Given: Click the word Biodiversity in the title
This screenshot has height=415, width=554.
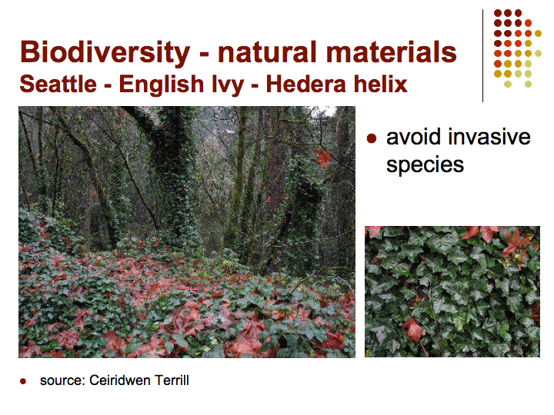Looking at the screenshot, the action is (x=105, y=53).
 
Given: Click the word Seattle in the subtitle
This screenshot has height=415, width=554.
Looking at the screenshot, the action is (x=58, y=84).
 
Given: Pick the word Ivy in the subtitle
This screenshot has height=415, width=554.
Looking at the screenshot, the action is (x=228, y=85).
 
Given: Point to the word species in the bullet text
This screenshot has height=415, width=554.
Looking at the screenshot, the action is (x=425, y=165).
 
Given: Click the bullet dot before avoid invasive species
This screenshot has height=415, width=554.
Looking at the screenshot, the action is (x=372, y=138).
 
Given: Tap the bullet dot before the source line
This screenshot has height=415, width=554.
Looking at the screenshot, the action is (x=23, y=381).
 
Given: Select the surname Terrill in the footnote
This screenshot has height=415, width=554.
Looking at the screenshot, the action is (x=172, y=380).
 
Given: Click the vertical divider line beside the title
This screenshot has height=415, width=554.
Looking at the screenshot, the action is (x=482, y=56).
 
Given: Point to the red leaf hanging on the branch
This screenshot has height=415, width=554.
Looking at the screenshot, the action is (x=322, y=158).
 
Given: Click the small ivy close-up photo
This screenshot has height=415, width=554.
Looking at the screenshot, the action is (x=452, y=291).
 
